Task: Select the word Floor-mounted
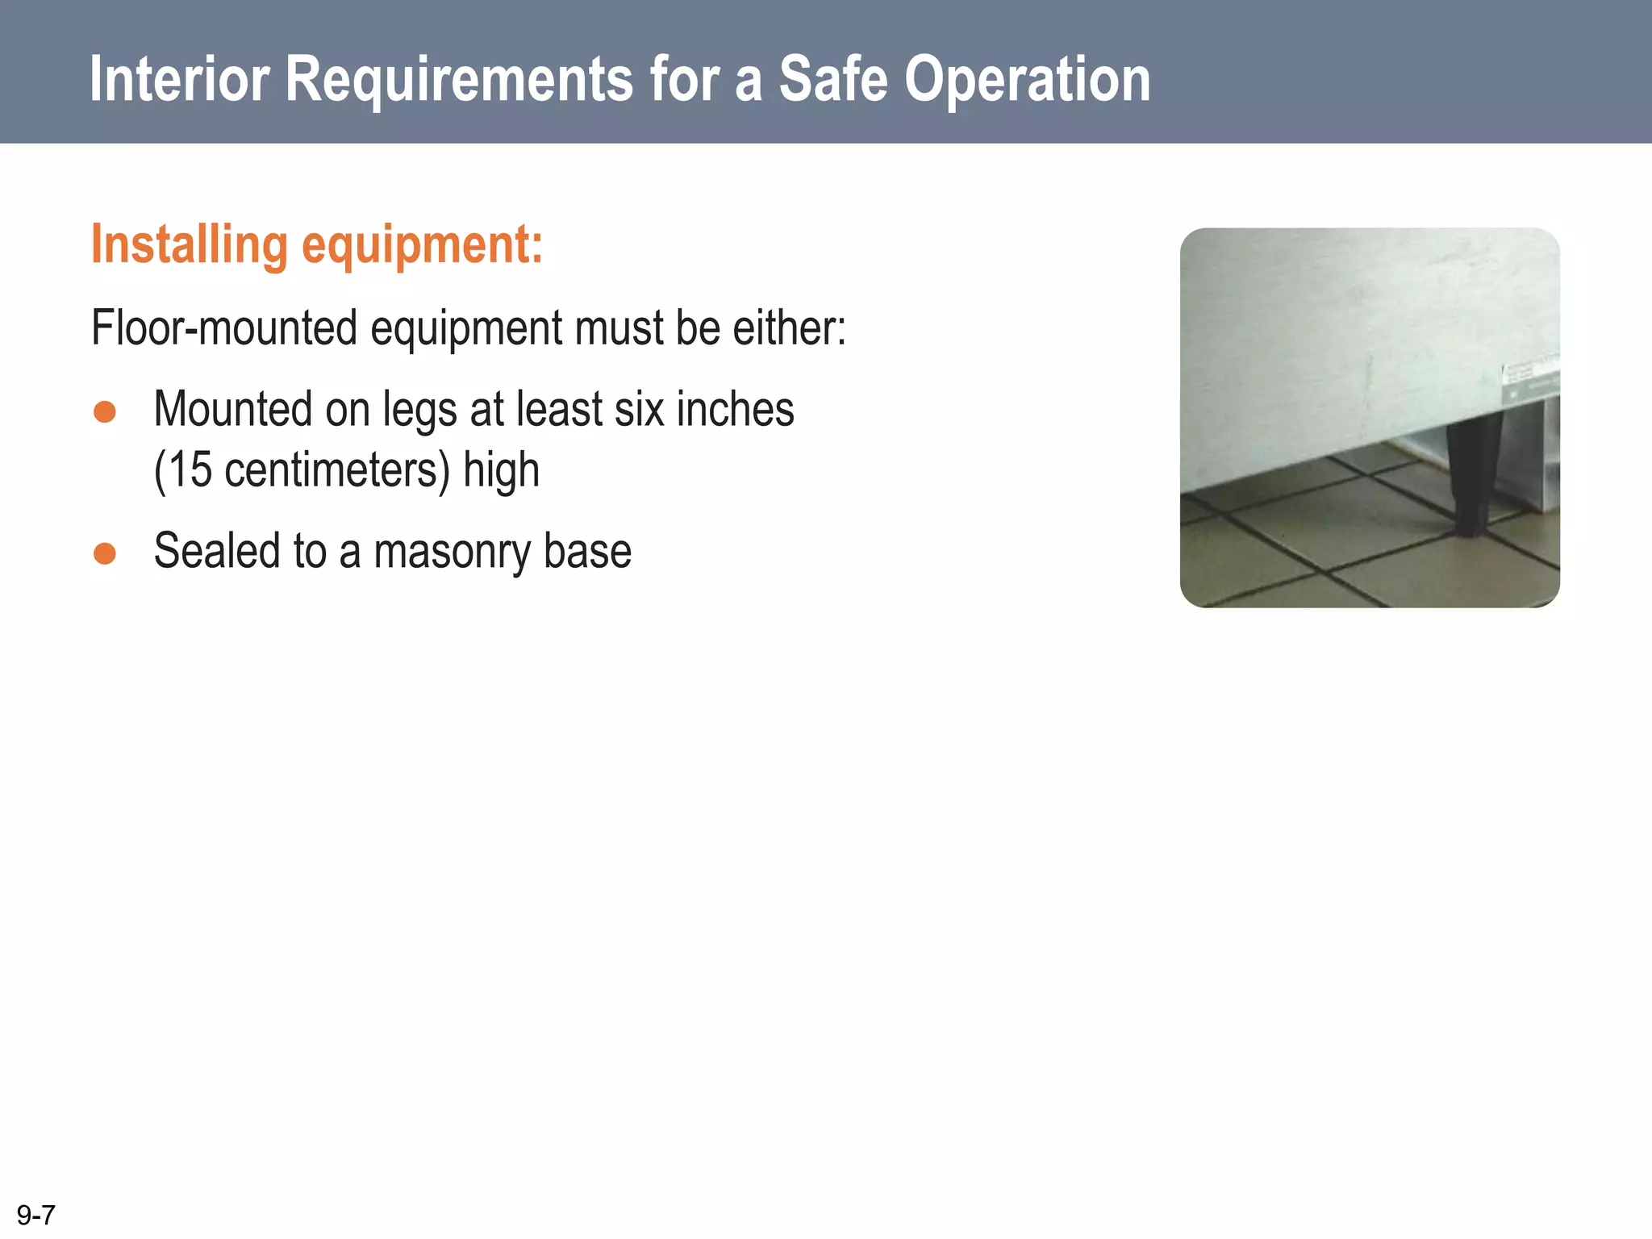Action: click(224, 328)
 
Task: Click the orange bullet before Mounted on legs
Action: click(105, 412)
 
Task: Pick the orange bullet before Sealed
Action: click(105, 554)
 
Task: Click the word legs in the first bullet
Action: click(419, 411)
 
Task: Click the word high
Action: click(501, 471)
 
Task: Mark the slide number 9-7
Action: click(36, 1214)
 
